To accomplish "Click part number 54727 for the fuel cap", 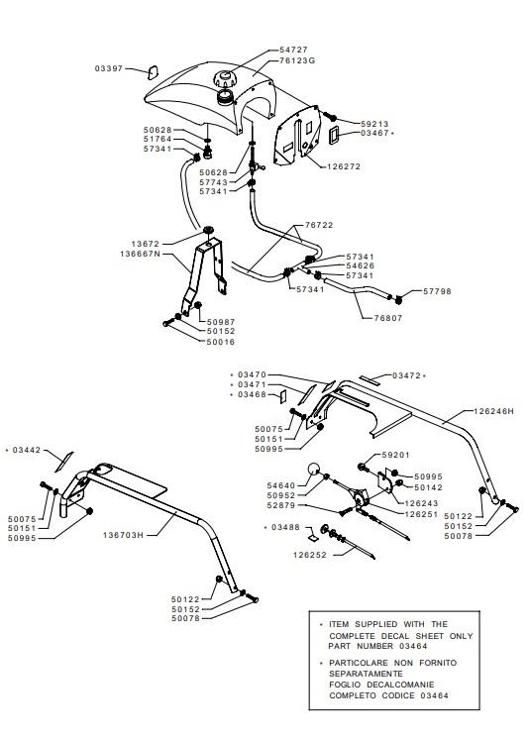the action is point(293,50).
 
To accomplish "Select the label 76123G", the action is point(297,60).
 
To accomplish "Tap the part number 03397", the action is point(109,68).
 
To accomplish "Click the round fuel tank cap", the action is point(223,78).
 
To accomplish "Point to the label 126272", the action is point(344,166).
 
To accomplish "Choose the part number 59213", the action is point(374,124).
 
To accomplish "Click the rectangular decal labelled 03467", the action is point(334,135).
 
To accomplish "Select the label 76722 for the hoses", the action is point(319,226).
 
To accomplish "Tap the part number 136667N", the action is point(141,255).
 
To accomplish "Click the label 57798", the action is point(437,291).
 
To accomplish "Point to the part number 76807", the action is point(388,318).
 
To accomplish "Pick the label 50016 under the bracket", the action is point(221,342).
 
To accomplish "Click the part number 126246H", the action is point(493,411).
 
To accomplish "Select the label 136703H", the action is point(123,535).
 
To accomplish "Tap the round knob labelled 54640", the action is point(314,470).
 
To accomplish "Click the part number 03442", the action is point(27,451).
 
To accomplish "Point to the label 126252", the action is point(310,556).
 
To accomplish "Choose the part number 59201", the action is point(396,455).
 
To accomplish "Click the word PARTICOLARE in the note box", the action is point(359,663).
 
